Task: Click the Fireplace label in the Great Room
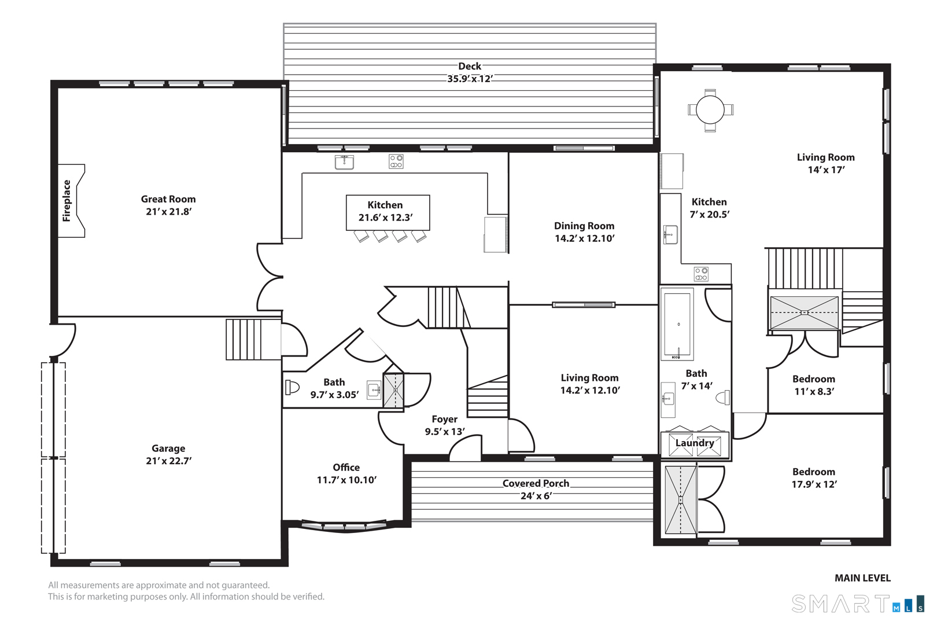coord(67,200)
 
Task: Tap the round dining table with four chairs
coord(710,111)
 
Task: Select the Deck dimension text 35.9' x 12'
coord(470,79)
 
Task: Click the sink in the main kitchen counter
coord(344,162)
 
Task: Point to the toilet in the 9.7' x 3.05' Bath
coord(292,387)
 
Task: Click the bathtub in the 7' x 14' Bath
coord(677,324)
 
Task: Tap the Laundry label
coord(695,443)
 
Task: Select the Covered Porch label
coord(536,483)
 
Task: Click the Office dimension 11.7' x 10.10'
coord(347,480)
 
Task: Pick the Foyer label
coord(445,419)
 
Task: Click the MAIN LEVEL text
coord(862,578)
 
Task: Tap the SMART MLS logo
coord(858,604)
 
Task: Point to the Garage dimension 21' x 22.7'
coord(168,461)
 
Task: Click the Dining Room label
coord(584,226)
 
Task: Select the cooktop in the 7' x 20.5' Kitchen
coord(701,274)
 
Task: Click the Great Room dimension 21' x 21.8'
coord(168,211)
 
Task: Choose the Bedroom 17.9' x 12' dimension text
coord(814,484)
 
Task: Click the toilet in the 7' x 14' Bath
coord(723,397)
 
